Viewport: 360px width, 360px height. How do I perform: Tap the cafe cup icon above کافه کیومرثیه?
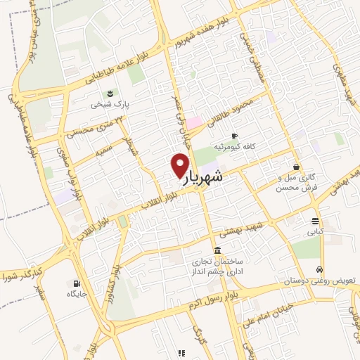click(x=234, y=136)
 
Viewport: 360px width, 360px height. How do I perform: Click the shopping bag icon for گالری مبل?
click(x=297, y=167)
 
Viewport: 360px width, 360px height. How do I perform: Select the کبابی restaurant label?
click(x=314, y=230)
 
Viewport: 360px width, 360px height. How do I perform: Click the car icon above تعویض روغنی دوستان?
click(x=320, y=270)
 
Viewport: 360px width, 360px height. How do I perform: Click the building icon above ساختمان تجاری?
click(x=218, y=251)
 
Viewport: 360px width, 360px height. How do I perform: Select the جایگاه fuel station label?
click(x=75, y=295)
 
